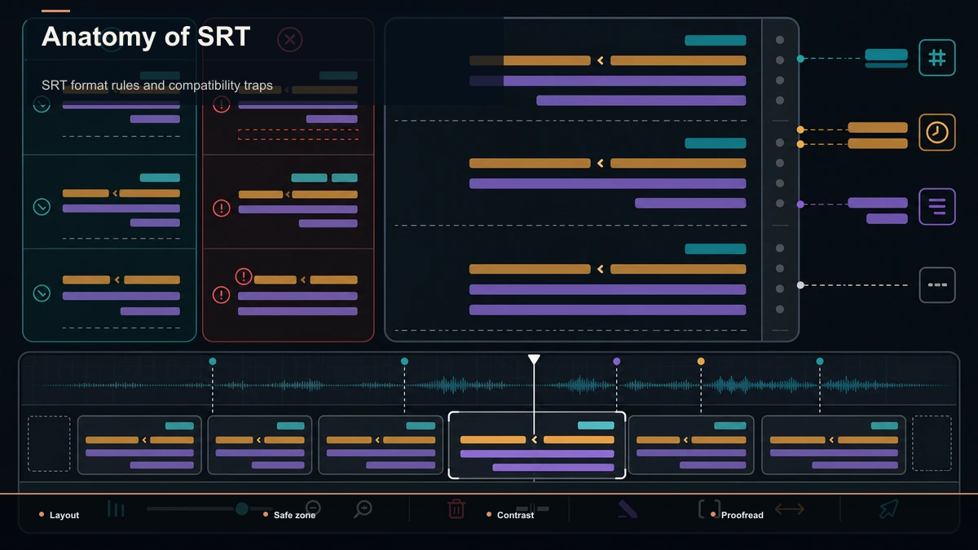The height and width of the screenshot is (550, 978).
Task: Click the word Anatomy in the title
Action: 99,37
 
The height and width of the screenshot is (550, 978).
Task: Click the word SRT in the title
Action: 223,36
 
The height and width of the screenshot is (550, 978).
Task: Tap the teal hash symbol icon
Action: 937,58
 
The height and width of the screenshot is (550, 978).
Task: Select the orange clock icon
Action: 937,132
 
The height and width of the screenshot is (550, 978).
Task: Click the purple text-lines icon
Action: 937,206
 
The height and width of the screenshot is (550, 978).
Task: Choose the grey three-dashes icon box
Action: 937,285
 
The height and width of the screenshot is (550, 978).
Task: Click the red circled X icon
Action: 289,40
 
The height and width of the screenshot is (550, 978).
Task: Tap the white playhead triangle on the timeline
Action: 534,359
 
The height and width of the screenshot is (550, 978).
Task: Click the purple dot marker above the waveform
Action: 616,362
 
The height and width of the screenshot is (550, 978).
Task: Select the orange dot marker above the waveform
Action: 701,362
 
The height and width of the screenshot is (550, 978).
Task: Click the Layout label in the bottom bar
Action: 64,515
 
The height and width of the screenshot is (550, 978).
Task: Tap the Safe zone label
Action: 294,515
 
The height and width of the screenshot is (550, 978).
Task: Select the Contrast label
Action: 515,515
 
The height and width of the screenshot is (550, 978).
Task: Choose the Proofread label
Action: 742,515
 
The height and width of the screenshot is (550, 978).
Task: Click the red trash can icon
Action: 456,508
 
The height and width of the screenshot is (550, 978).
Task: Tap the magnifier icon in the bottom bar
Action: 363,509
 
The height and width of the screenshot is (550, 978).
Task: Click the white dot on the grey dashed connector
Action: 800,285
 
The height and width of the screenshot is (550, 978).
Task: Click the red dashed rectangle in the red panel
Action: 298,134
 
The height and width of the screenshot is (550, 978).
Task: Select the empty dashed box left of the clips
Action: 49,443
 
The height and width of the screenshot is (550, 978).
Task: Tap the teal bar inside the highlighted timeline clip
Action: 596,425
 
